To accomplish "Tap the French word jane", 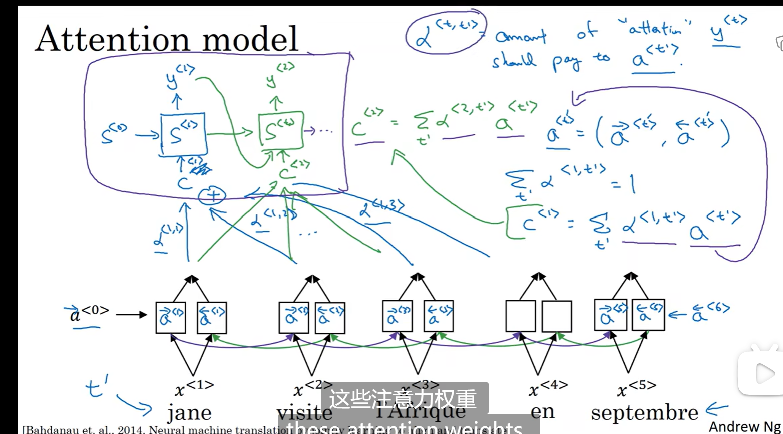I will click(189, 412).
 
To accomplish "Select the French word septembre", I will click(644, 412).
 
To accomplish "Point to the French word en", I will click(542, 411).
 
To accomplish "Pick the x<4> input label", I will click(548, 387).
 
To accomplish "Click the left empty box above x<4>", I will click(521, 316).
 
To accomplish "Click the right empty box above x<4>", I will click(557, 316).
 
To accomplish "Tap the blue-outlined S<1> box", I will click(183, 134).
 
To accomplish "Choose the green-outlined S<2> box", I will click(281, 131).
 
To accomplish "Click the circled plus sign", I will click(212, 195).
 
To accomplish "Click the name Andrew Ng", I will click(744, 426).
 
